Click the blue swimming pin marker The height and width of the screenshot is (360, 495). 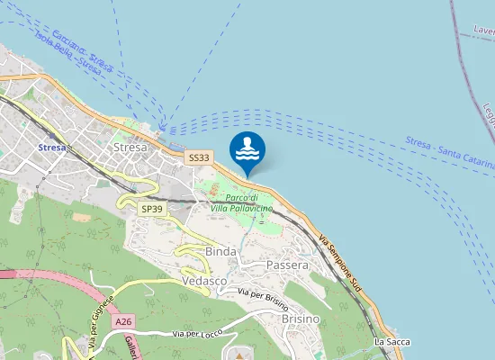(247, 150)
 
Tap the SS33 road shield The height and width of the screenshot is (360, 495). (199, 157)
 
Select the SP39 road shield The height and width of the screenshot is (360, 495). (152, 209)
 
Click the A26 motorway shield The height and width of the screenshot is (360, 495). (123, 320)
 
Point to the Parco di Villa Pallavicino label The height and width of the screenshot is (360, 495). (242, 202)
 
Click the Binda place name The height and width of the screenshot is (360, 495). (220, 251)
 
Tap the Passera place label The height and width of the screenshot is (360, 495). (287, 265)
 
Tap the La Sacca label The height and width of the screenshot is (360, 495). (391, 343)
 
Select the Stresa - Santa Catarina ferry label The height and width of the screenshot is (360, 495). (449, 153)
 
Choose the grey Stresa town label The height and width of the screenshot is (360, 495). (130, 147)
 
